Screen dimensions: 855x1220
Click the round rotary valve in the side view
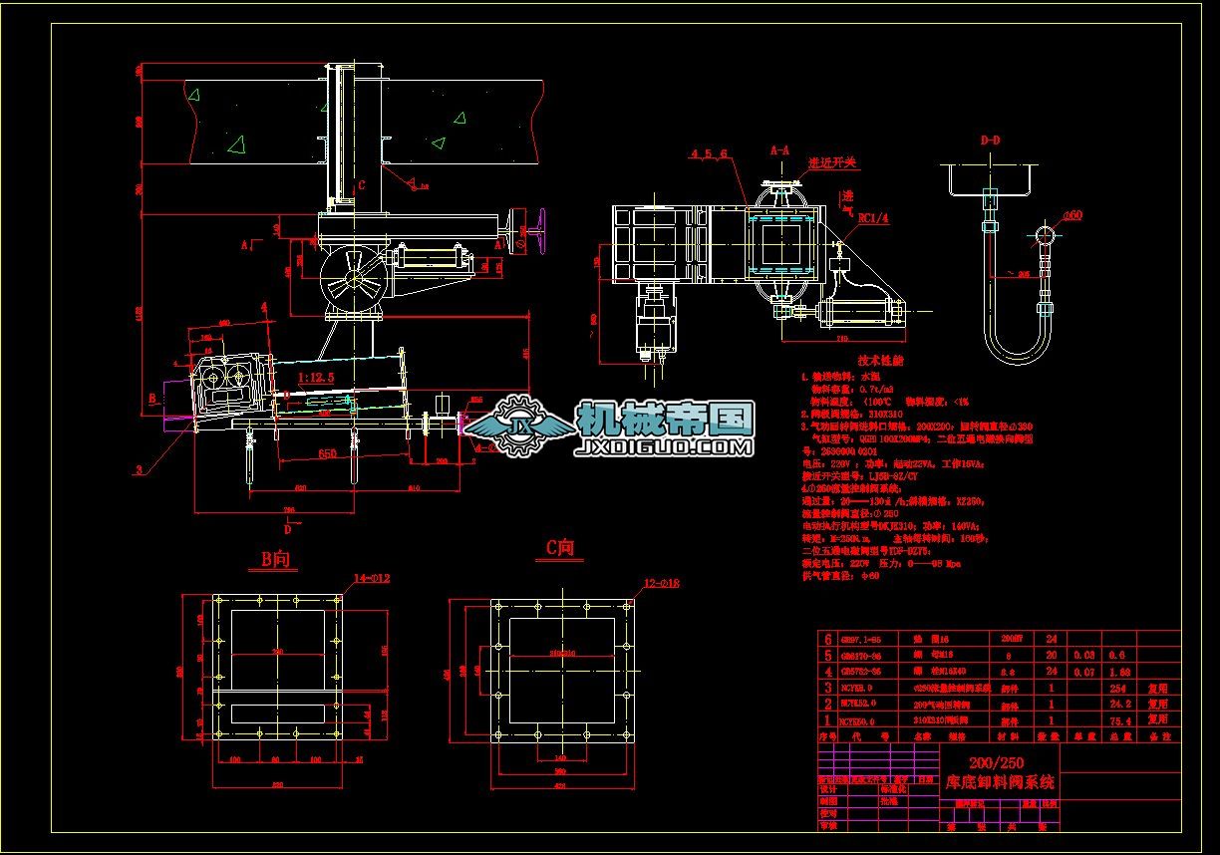click(x=353, y=277)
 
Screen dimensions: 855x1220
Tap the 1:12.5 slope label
click(x=315, y=377)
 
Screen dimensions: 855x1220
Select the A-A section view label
click(x=779, y=149)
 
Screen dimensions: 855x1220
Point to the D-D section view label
click(x=990, y=141)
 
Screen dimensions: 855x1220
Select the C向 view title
click(x=559, y=547)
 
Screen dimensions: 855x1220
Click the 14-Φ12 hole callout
click(x=372, y=579)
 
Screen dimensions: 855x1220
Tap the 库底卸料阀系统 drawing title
click(x=999, y=782)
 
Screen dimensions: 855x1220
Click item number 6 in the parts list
click(x=825, y=639)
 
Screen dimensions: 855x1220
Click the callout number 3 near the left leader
click(x=139, y=467)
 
